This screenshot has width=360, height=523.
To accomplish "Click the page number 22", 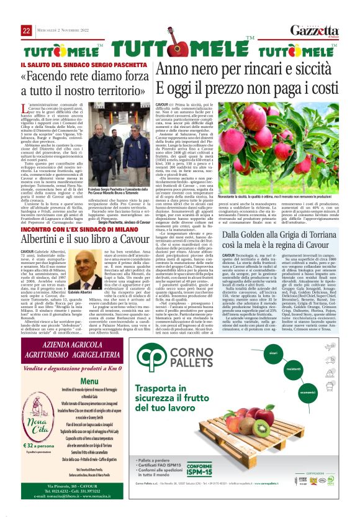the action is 27,30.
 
